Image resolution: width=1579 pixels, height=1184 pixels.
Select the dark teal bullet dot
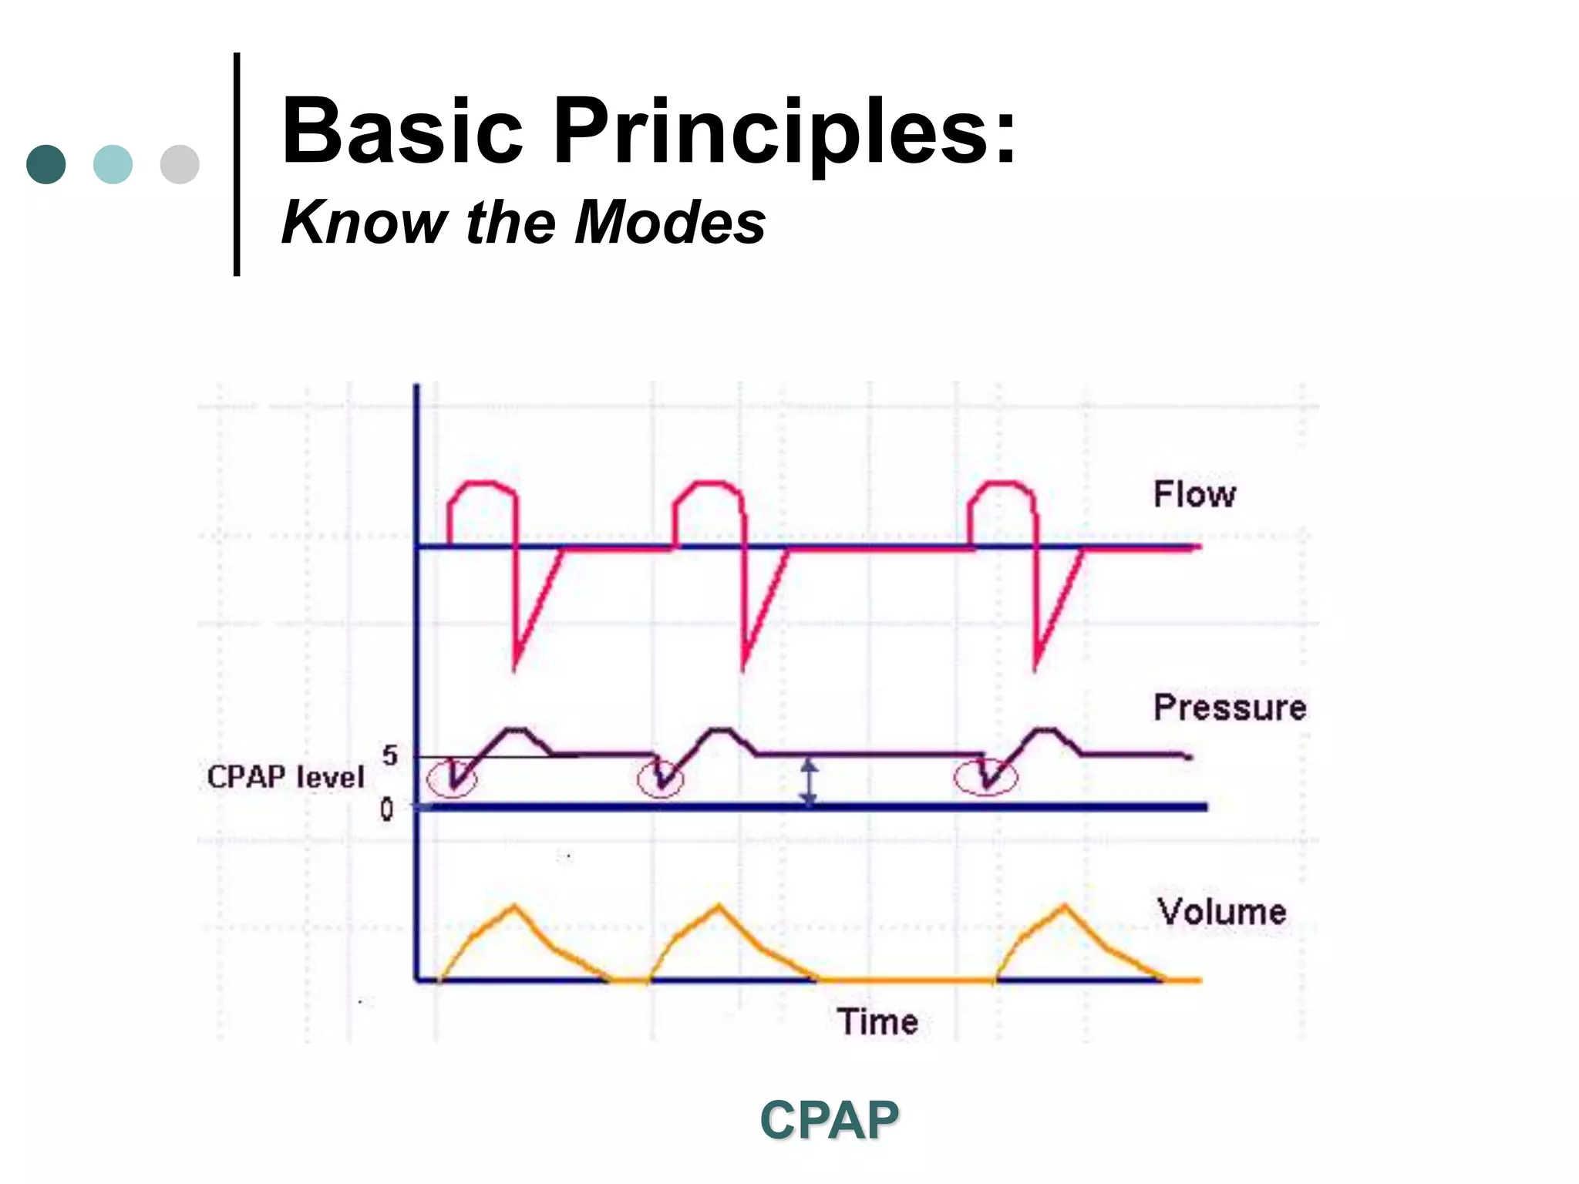46,164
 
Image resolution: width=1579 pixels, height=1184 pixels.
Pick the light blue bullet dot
113,164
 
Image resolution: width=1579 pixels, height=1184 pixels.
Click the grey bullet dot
180,164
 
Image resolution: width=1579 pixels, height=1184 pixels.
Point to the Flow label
1194,494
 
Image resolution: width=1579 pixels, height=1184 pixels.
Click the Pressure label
1229,708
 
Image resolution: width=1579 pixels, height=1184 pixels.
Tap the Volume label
1221,912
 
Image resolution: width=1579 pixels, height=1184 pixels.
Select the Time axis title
877,1022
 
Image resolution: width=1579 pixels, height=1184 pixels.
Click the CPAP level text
285,776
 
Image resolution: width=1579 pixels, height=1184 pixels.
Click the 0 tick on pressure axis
386,809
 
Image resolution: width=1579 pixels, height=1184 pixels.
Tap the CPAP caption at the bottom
829,1119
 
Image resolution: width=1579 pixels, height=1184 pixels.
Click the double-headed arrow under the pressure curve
808,782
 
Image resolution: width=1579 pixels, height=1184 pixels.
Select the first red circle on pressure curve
453,778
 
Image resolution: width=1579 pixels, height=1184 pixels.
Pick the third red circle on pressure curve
985,778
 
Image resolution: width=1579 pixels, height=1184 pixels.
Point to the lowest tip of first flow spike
515,668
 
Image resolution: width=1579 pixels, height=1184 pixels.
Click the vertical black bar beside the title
237,164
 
